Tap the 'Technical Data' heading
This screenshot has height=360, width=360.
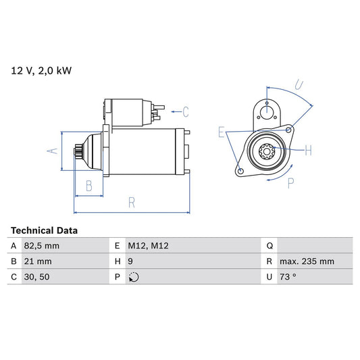[44, 230]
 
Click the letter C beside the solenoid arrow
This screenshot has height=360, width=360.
[185, 111]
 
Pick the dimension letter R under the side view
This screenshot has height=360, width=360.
[131, 201]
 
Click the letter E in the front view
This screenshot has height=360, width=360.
[221, 132]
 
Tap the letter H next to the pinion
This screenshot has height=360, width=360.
[308, 149]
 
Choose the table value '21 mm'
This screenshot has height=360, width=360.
[38, 261]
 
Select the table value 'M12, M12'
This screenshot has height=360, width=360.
[149, 246]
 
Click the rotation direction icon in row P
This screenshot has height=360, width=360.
[133, 277]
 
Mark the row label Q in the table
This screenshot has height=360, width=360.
[269, 246]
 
